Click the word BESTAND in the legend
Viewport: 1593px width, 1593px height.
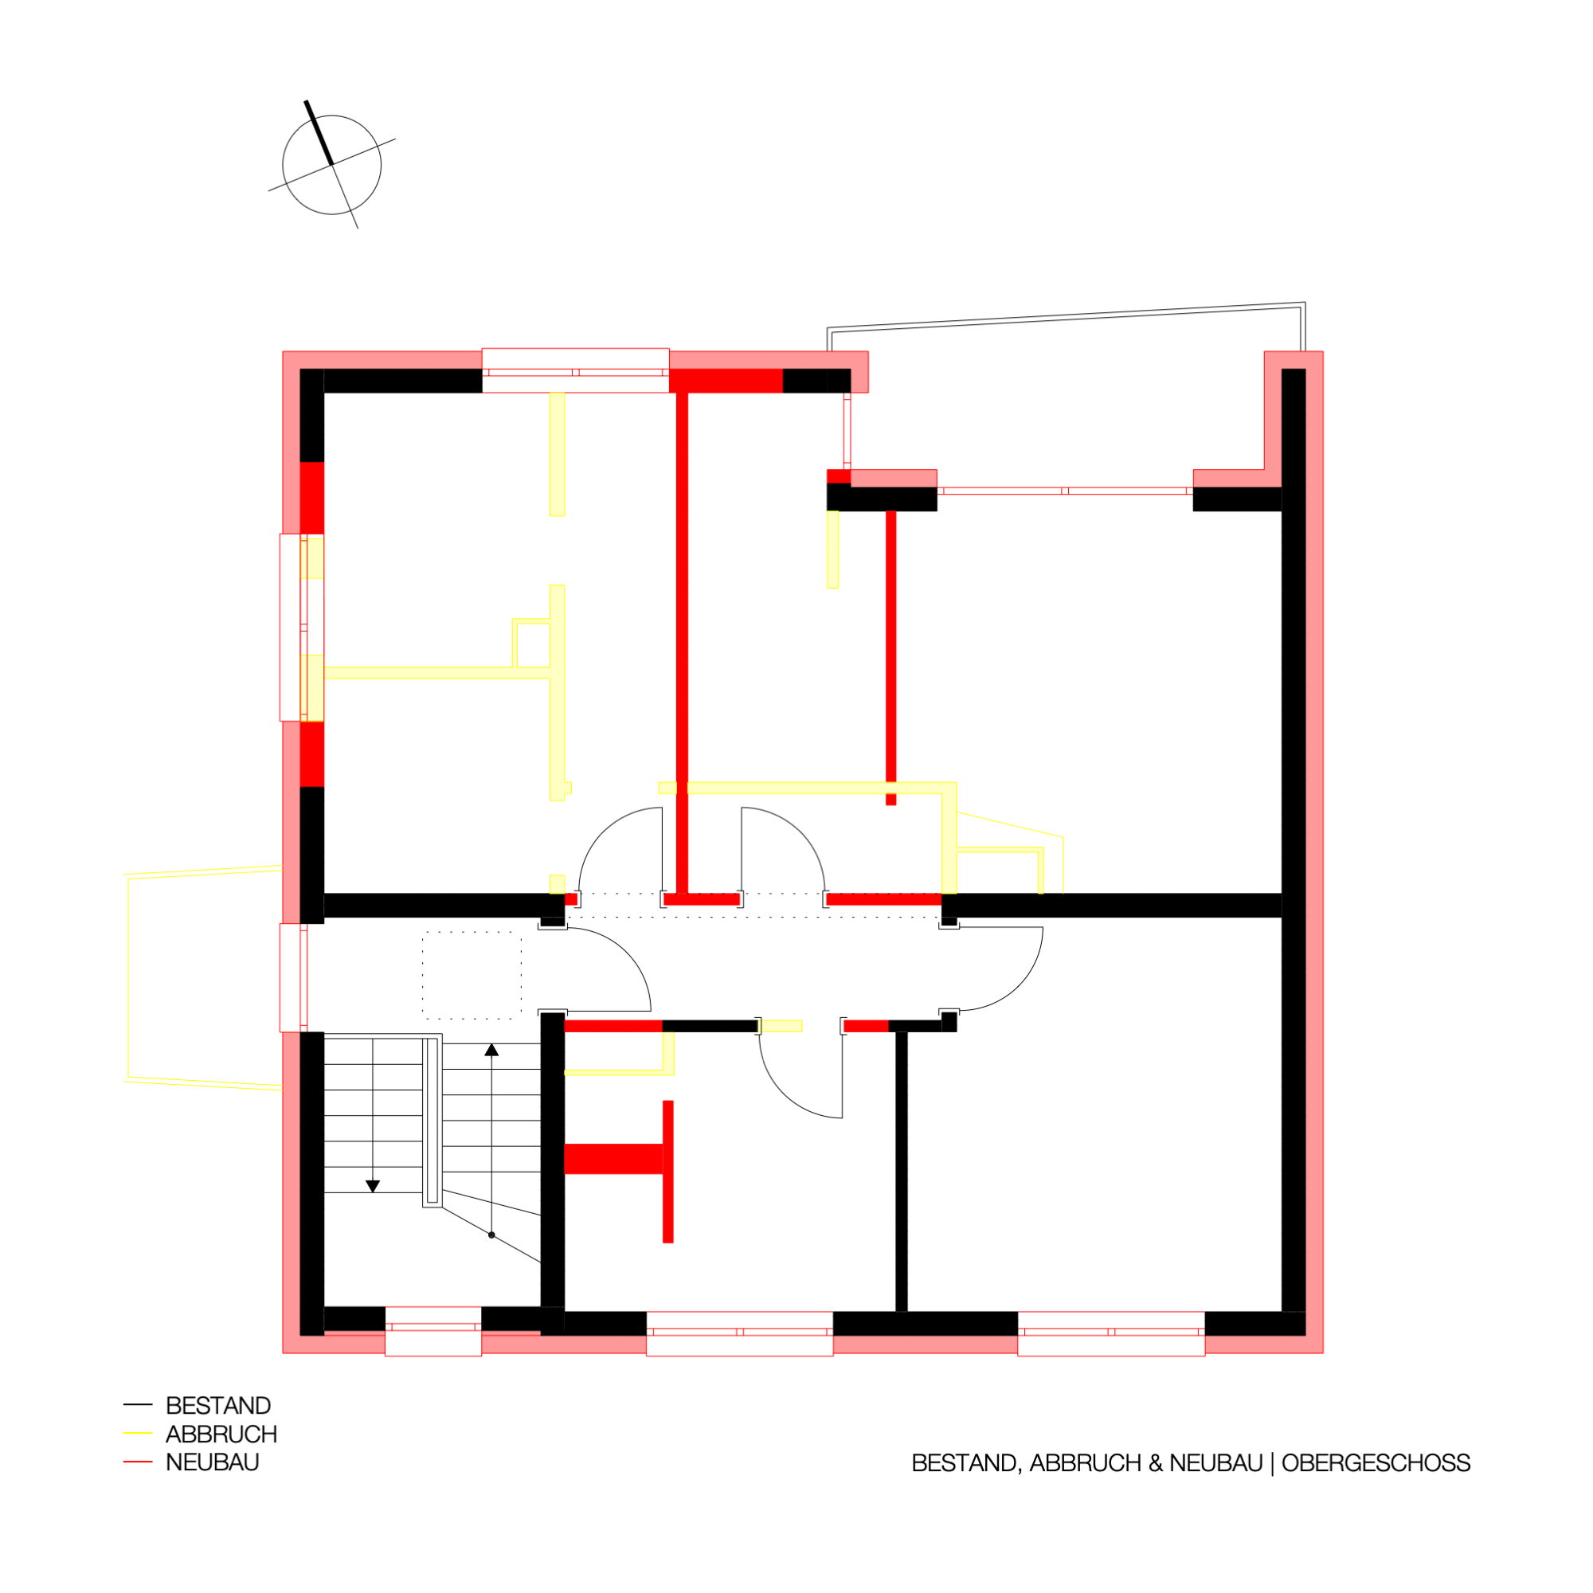click(x=218, y=1406)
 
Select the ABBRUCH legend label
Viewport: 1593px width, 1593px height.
click(x=221, y=1434)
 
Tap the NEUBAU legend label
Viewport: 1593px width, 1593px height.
click(x=213, y=1462)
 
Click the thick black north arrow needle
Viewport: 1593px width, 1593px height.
click(x=319, y=133)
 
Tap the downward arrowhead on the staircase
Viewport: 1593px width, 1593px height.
click(x=373, y=1187)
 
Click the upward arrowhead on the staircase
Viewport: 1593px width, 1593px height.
click(x=491, y=1050)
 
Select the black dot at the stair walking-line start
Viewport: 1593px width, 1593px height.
click(x=491, y=1235)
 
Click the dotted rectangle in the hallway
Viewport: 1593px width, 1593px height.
click(x=472, y=975)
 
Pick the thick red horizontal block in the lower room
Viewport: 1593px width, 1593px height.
click(x=613, y=1158)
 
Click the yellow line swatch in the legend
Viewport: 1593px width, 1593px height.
click(x=138, y=1433)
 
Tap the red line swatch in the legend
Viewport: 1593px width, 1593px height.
click(x=138, y=1462)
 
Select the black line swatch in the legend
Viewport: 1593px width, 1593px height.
click(x=138, y=1404)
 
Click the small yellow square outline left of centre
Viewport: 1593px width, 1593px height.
click(x=532, y=643)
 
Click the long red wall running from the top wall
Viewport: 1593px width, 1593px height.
click(x=682, y=643)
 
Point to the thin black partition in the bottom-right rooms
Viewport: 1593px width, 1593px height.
click(x=901, y=1172)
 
